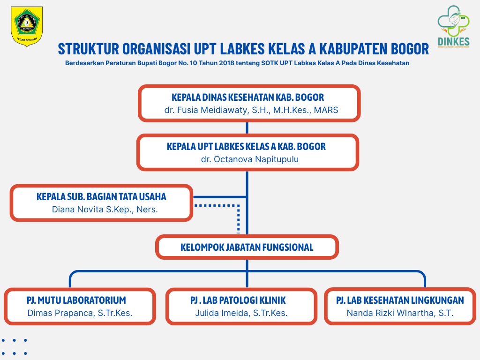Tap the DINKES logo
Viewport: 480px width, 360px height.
point(453,27)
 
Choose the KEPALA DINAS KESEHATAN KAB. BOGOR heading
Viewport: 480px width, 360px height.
point(248,97)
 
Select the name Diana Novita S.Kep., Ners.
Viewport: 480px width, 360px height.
point(105,210)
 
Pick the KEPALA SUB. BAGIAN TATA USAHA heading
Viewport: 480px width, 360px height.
point(101,197)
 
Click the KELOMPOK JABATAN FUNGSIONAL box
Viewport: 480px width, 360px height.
point(247,247)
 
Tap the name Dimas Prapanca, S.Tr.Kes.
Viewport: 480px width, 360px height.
point(80,313)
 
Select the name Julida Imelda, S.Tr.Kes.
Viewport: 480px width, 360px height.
point(241,313)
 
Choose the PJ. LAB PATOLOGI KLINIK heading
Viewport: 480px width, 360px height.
point(238,300)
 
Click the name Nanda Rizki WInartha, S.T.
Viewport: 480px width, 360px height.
point(400,313)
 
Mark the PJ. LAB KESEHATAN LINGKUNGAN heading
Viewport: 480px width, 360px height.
point(400,300)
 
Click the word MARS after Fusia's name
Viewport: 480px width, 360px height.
point(326,111)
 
